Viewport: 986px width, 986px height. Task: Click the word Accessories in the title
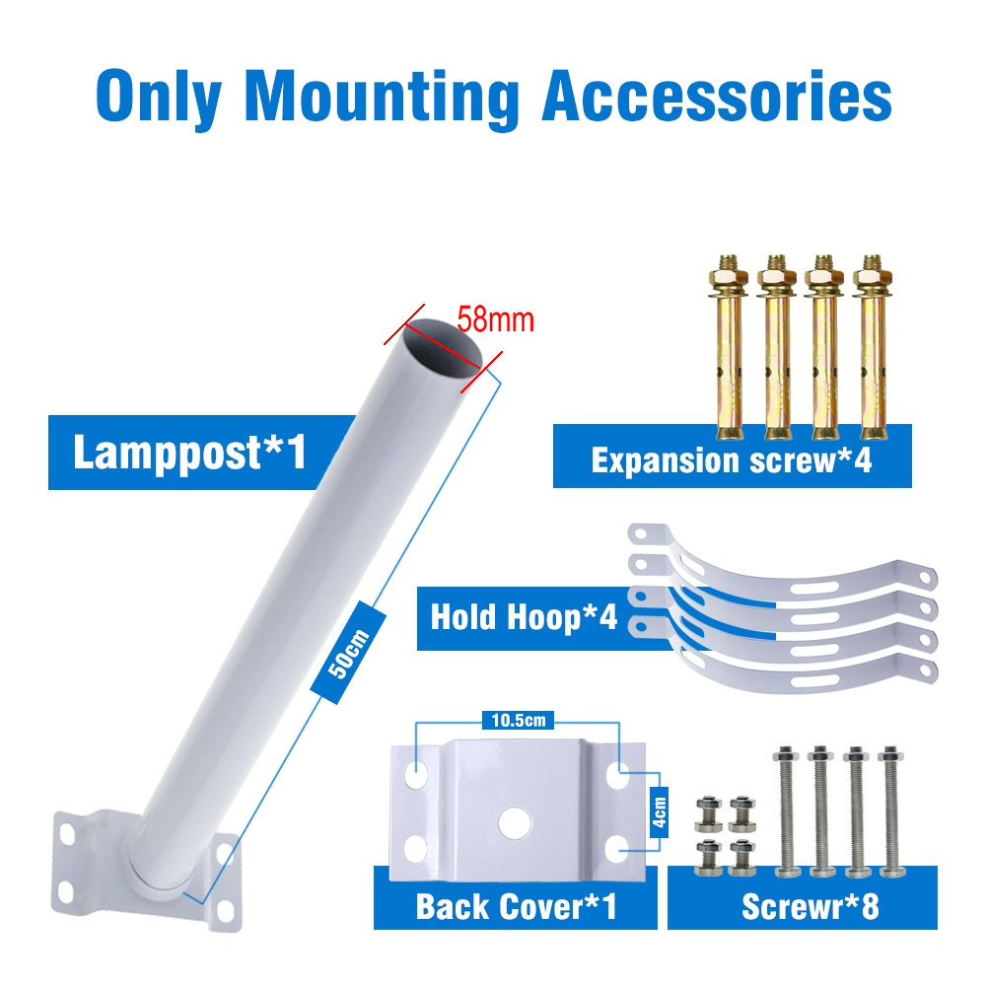tap(718, 95)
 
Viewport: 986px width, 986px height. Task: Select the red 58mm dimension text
tap(495, 320)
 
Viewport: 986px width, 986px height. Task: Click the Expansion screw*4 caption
tap(732, 460)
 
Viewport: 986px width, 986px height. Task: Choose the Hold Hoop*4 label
tap(523, 618)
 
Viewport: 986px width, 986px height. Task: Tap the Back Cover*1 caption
tap(516, 905)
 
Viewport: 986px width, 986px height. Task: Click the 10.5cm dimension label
tap(519, 721)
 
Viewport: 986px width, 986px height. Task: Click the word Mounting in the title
tap(382, 95)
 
